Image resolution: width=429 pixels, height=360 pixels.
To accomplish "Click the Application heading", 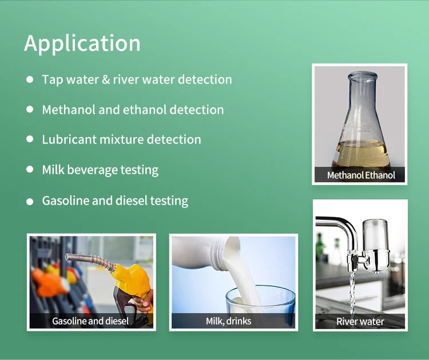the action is tap(82, 43).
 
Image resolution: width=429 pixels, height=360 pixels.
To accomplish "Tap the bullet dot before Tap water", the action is tap(30, 79).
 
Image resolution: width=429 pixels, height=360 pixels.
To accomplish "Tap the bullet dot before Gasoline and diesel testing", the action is tap(30, 202).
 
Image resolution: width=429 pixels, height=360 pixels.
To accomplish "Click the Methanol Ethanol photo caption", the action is tap(361, 175).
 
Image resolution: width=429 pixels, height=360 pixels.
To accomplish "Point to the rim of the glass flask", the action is tap(363, 75).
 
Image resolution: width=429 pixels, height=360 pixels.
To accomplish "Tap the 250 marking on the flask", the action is tap(366, 127).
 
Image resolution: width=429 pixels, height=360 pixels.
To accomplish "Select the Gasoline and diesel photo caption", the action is tap(90, 321).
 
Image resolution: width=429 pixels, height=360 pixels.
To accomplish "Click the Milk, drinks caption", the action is tap(228, 321).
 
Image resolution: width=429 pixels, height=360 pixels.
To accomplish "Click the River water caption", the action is tap(360, 322).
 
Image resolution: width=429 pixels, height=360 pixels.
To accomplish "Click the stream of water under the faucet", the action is tap(352, 293).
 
